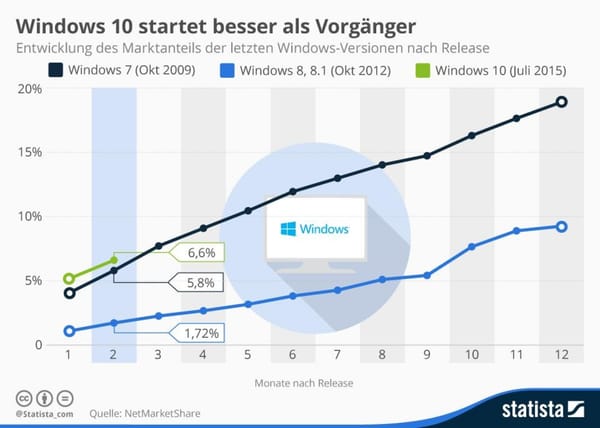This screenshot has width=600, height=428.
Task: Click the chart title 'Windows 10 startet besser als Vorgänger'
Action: (211, 20)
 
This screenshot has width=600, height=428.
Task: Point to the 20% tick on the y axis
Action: (29, 89)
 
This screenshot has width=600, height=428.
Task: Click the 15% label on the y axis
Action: (29, 153)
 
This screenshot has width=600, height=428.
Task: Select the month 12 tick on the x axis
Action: (561, 355)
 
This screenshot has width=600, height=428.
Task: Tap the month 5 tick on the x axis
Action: (248, 355)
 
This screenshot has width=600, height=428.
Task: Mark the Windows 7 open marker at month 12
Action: (561, 102)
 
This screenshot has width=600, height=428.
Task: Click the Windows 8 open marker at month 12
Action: (561, 227)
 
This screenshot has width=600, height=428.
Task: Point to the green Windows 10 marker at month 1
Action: (69, 279)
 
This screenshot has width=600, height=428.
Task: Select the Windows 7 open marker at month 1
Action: (69, 293)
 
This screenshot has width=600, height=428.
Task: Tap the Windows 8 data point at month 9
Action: (427, 275)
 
